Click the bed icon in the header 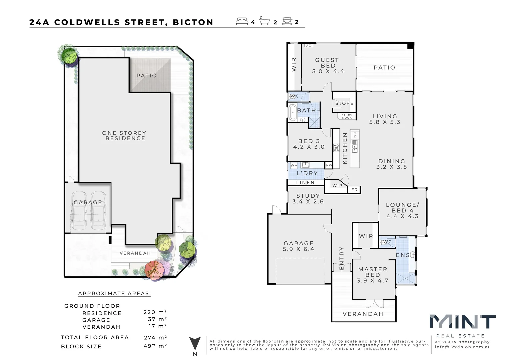click(242, 22)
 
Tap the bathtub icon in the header click(265, 21)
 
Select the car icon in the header click(287, 21)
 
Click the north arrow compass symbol click(195, 343)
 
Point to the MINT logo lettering click(462, 322)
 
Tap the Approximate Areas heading click(114, 294)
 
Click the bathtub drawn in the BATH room click(293, 112)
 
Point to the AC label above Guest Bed click(309, 46)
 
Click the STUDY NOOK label click(347, 116)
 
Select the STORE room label click(344, 103)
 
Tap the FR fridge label click(354, 190)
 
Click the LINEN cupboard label click(305, 183)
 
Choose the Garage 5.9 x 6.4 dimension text click(299, 249)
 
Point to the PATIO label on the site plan click(147, 76)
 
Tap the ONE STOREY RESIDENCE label click(124, 136)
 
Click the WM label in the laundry click(294, 165)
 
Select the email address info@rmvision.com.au click(463, 347)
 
